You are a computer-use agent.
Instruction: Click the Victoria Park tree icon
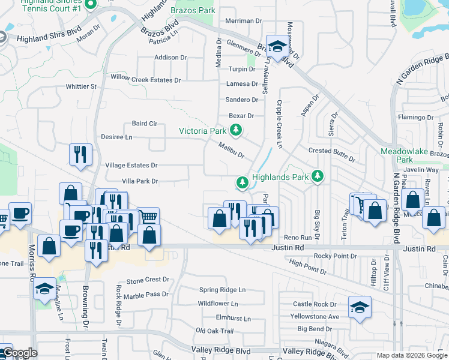pos(237,130)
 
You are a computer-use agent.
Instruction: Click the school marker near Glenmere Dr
pos(277,47)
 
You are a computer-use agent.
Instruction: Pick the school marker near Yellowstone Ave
pos(360,307)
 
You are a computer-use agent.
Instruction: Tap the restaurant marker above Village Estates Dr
pos(79,155)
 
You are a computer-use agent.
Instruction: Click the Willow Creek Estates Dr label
pos(145,80)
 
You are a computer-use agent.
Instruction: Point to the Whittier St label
pos(81,86)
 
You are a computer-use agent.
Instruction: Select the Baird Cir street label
pos(145,124)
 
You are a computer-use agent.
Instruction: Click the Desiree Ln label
pos(116,137)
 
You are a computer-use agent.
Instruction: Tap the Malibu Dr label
pos(231,150)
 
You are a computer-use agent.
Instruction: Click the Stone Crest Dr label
pos(148,280)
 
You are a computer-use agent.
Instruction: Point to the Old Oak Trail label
pos(214,331)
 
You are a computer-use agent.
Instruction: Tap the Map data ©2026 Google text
pos(411,355)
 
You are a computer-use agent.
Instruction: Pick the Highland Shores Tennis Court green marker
pos(91,5)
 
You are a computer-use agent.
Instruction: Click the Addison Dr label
pos(170,58)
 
